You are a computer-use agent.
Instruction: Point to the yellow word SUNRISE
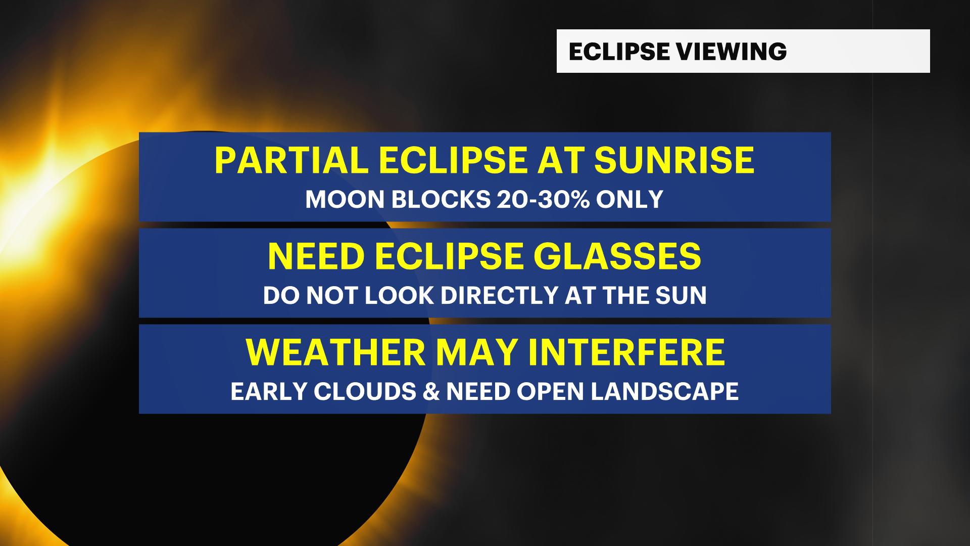pyautogui.click(x=674, y=161)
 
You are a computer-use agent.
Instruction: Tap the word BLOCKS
pyautogui.click(x=441, y=199)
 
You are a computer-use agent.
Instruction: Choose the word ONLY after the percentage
pyautogui.click(x=629, y=199)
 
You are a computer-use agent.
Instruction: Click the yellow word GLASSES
pyautogui.click(x=617, y=256)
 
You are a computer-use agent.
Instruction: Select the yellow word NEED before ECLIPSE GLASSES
pyautogui.click(x=316, y=256)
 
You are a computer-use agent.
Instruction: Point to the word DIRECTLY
pyautogui.click(x=499, y=295)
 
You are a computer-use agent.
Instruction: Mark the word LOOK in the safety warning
pyautogui.click(x=399, y=295)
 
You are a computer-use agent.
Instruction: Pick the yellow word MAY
pyautogui.click(x=477, y=352)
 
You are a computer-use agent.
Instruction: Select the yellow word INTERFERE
pyautogui.click(x=626, y=352)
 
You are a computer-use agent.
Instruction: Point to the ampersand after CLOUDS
pyautogui.click(x=431, y=392)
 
